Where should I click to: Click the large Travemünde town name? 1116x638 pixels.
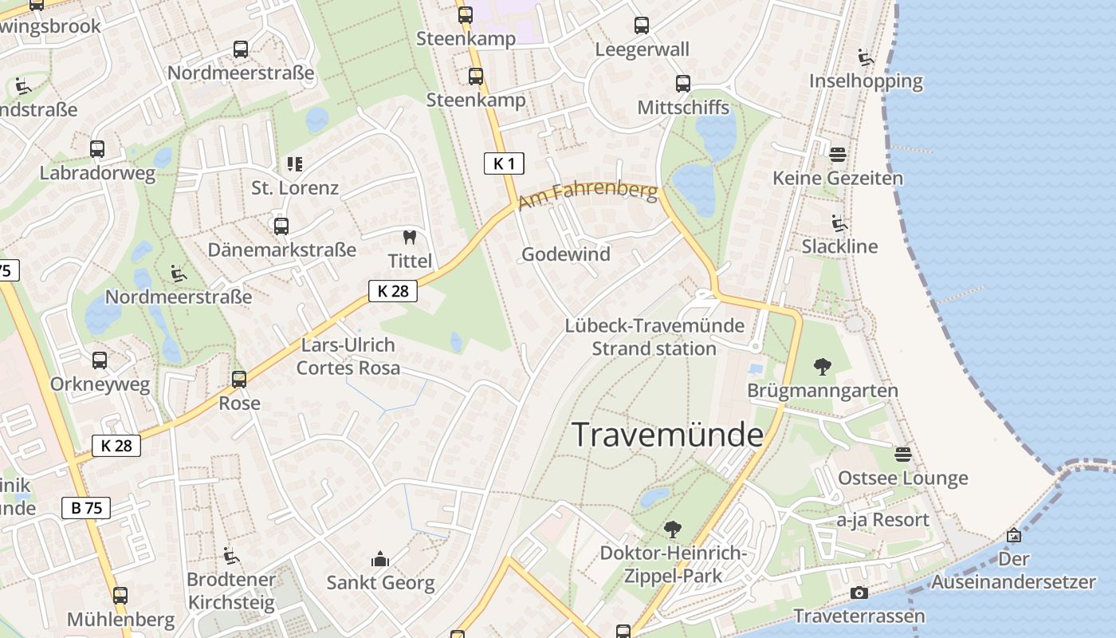click(667, 435)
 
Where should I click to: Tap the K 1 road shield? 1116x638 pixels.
click(504, 164)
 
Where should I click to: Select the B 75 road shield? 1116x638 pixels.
click(85, 508)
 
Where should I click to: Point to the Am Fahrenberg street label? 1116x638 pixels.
click(588, 195)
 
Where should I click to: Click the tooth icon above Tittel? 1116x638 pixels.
click(410, 237)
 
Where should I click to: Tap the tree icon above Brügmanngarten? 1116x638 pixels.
click(822, 367)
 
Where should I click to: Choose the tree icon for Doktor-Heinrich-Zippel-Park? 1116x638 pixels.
click(672, 529)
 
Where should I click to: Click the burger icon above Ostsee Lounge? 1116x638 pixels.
click(902, 455)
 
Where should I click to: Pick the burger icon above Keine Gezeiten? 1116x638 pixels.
click(837, 154)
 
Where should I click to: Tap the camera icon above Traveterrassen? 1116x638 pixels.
click(859, 593)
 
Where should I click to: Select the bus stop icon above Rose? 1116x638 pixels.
click(239, 380)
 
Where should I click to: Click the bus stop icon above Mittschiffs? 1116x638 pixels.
click(682, 84)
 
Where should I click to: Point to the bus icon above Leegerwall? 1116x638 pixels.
click(642, 26)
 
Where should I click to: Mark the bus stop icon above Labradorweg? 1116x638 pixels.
click(97, 149)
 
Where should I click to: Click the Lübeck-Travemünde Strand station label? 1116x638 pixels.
click(654, 337)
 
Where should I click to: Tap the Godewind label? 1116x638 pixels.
click(565, 254)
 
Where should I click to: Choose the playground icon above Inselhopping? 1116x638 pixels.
click(865, 57)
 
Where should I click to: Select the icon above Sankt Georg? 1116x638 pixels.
click(380, 559)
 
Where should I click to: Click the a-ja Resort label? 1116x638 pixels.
click(882, 520)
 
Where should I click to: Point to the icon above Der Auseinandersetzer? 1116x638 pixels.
click(1014, 535)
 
